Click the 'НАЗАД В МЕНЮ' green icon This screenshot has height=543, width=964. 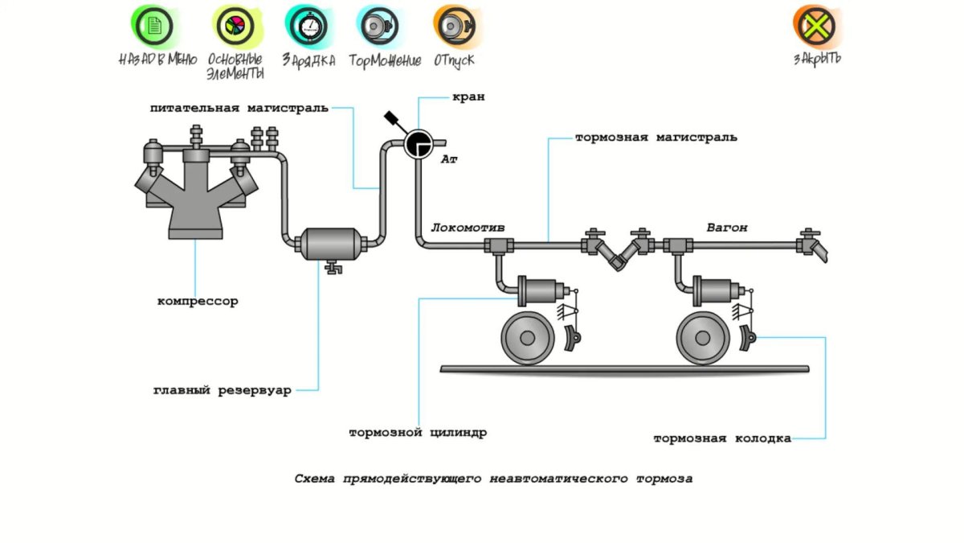[156, 27]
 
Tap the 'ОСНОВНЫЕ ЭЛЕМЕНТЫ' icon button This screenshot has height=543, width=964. [235, 27]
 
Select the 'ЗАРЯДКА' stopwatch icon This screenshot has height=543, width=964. [308, 27]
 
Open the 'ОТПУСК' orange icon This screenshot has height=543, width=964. [455, 27]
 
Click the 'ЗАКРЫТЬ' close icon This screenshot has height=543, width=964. [816, 27]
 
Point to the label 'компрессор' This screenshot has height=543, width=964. [197, 302]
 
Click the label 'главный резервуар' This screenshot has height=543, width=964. [222, 391]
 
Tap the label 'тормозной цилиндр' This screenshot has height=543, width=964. [417, 433]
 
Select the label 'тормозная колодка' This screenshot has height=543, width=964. [721, 438]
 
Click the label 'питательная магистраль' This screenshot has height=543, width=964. [239, 108]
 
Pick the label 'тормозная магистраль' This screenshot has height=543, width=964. [656, 138]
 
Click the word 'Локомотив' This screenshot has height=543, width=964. [468, 228]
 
